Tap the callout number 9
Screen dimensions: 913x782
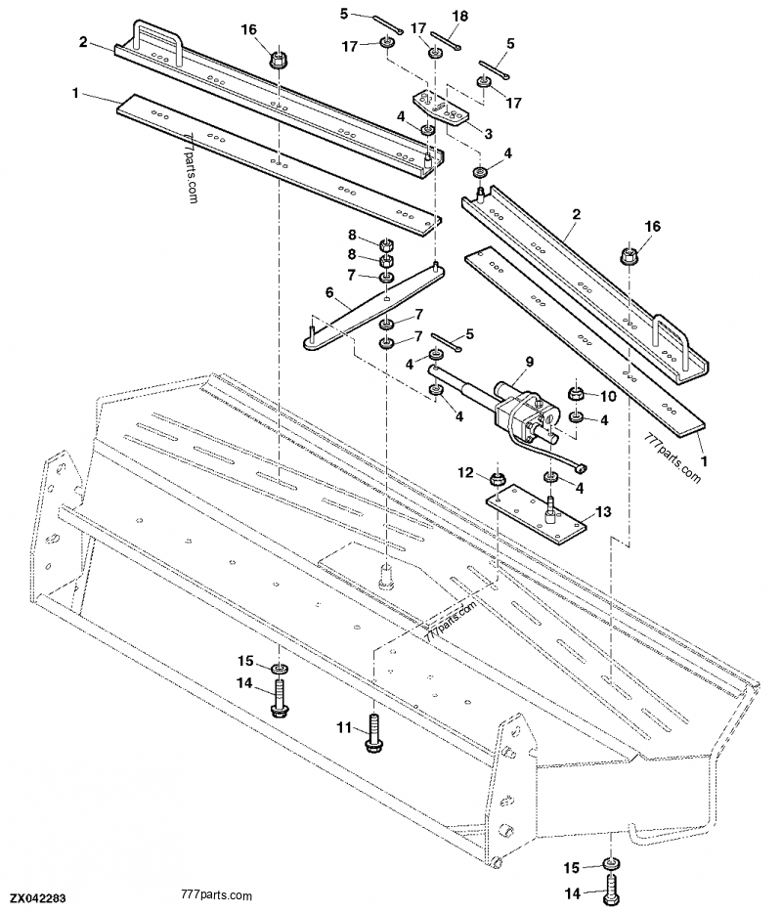point(529,362)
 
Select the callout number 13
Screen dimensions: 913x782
point(601,512)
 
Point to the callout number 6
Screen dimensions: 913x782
point(329,291)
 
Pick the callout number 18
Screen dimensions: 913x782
point(460,16)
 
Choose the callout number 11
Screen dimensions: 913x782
point(344,727)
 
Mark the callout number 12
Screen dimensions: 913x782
point(467,473)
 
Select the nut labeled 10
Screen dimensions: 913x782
point(576,396)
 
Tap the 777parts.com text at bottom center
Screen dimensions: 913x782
point(217,895)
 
